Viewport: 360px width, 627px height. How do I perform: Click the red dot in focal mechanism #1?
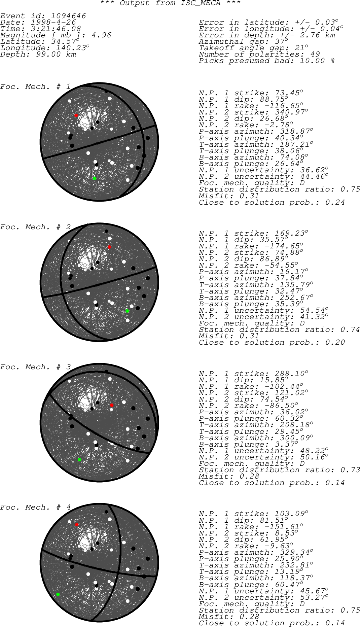point(76,115)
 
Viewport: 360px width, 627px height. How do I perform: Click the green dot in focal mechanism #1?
point(95,178)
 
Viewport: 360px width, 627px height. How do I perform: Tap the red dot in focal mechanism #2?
point(109,247)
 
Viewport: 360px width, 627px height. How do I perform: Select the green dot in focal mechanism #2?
point(127,311)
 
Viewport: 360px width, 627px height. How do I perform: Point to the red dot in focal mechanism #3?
point(112,406)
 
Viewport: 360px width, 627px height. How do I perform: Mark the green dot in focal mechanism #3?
point(79,460)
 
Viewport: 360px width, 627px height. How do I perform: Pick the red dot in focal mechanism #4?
point(77,525)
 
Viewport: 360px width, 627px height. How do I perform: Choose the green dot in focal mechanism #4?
point(58,594)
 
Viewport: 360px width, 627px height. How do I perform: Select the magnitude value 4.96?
point(101,35)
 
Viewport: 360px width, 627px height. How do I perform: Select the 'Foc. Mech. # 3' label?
point(35,367)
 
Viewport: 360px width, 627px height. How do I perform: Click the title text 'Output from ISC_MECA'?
point(170,3)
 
